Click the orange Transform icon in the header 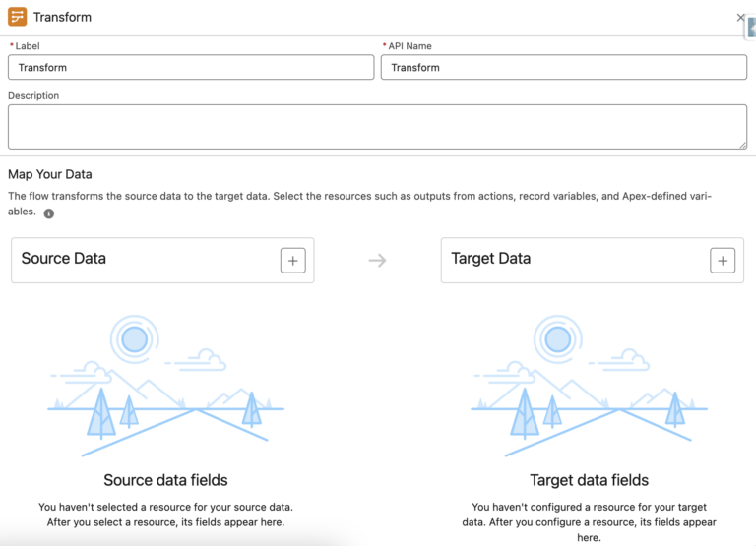click(17, 17)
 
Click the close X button click(741, 17)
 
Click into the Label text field click(191, 67)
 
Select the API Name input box click(563, 67)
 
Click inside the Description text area click(377, 126)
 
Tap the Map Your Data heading click(50, 174)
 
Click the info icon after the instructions click(49, 212)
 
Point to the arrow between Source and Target click(377, 260)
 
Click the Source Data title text click(64, 259)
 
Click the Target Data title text click(491, 259)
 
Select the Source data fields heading click(165, 480)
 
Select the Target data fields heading click(589, 480)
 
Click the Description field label click(33, 96)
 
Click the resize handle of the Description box click(741, 144)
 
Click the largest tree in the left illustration click(101, 413)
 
